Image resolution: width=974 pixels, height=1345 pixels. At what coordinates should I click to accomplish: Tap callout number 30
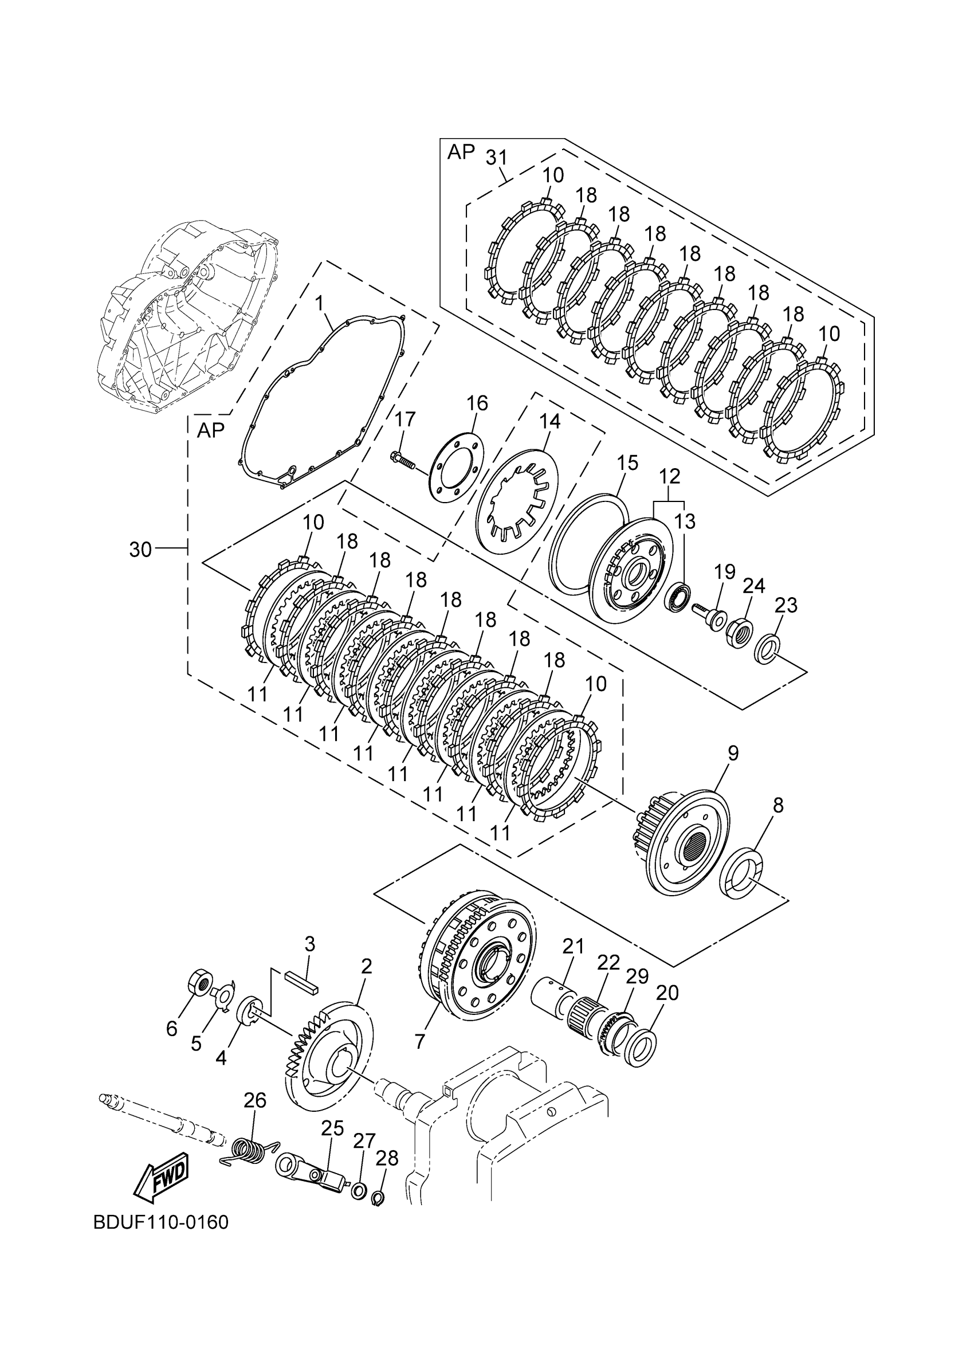140,550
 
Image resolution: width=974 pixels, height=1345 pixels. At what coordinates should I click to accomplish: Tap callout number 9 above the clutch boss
733,754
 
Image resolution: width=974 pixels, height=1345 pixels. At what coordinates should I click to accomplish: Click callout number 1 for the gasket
320,304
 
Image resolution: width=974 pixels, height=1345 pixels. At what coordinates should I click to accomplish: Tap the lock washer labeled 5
223,995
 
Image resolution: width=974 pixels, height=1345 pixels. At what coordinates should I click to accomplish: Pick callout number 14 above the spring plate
549,422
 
